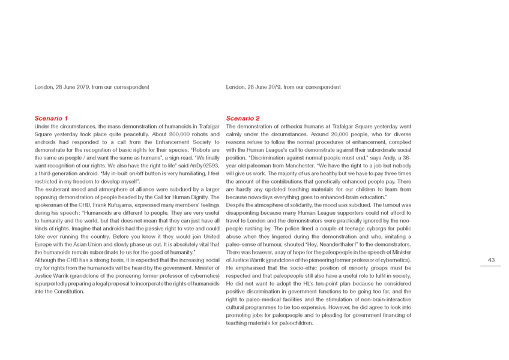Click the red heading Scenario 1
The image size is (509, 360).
click(x=51, y=118)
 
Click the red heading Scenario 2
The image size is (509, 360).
click(x=242, y=118)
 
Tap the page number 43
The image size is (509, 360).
click(x=491, y=260)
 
